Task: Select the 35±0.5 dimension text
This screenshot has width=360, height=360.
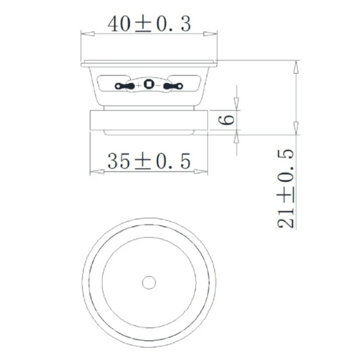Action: [149, 161]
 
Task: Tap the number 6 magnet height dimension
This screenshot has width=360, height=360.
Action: [228, 120]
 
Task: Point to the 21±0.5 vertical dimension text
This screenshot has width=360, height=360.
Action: [286, 189]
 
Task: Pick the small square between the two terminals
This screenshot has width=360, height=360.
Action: [148, 85]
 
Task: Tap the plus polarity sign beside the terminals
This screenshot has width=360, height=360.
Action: [138, 85]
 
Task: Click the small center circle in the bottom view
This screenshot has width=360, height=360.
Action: [148, 282]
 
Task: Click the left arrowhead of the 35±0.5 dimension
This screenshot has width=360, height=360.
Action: [96, 171]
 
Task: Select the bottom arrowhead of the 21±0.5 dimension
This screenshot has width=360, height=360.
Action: [296, 128]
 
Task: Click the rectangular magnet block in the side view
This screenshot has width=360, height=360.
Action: [148, 121]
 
